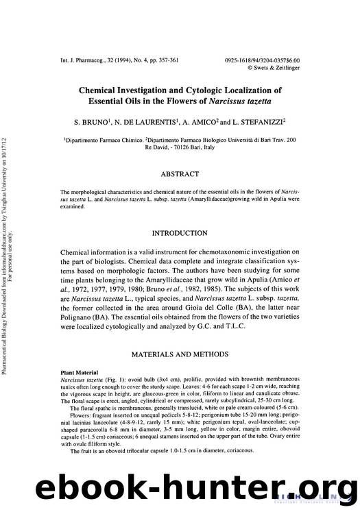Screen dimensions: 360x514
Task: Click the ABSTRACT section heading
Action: point(180,174)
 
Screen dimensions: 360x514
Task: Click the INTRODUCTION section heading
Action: point(180,234)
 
